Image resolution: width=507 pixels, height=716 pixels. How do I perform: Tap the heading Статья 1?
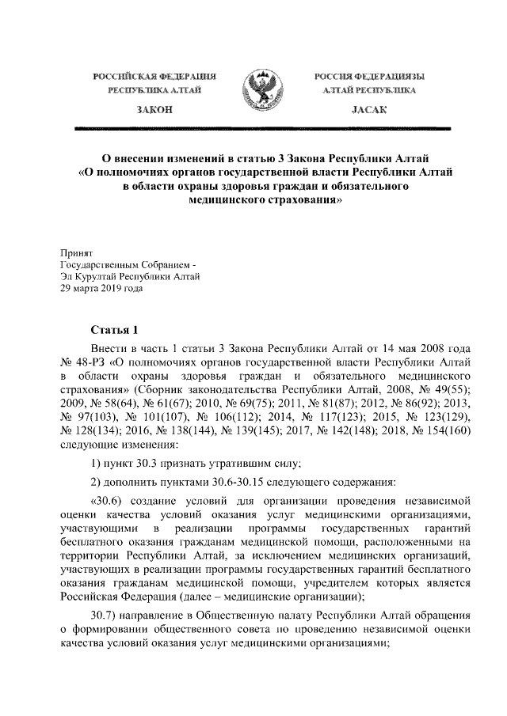click(115, 330)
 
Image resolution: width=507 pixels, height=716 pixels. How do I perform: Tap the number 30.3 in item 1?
click(147, 463)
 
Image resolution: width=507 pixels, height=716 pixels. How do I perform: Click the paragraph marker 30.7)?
click(106, 616)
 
